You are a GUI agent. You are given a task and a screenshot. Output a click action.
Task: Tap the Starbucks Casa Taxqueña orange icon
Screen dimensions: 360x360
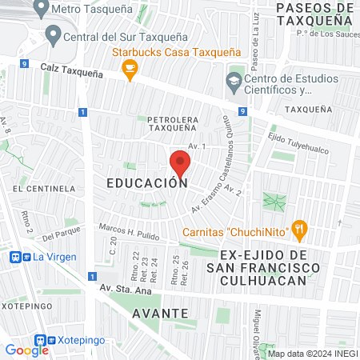[x=128, y=71]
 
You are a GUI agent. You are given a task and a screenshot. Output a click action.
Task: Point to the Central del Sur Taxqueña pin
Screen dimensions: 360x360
[x=54, y=34]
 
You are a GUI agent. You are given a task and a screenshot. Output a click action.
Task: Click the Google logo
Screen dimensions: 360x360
[x=26, y=350]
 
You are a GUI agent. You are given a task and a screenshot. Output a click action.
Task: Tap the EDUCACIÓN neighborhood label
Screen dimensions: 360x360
[x=146, y=182]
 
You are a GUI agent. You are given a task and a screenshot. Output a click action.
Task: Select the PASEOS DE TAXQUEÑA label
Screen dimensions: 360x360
[x=314, y=15]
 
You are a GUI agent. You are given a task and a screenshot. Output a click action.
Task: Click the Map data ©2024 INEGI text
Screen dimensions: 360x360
[x=311, y=354]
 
